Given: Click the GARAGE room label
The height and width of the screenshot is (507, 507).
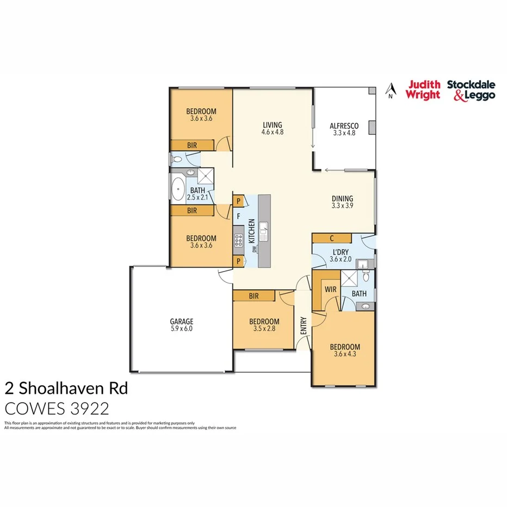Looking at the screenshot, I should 181,321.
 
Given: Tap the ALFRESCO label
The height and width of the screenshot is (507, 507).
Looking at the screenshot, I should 344,126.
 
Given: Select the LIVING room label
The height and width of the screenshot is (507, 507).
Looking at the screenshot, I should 272,125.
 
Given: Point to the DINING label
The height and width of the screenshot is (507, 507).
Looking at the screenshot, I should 343,199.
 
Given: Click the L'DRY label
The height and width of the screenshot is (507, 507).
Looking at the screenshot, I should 341,252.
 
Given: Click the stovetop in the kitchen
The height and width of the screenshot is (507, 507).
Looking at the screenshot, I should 238,240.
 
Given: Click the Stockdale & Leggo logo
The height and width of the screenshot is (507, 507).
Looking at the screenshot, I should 471,90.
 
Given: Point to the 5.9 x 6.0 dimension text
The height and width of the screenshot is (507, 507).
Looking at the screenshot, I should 181,329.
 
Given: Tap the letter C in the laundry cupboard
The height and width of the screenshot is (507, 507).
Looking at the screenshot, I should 332,239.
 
